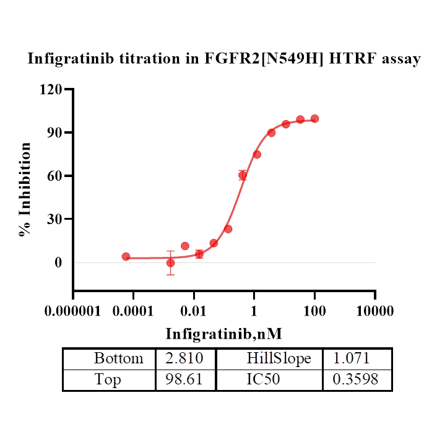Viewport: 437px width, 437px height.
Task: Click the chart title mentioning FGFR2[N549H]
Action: point(224,59)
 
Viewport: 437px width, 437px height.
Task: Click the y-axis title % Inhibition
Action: point(25,189)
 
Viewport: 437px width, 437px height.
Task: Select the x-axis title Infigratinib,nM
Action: point(224,334)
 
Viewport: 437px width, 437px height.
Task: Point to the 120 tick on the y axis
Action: point(51,89)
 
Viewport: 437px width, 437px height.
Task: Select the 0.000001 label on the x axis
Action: point(73,309)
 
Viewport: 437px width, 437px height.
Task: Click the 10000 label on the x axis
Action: point(374,309)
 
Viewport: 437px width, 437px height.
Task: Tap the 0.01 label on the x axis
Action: point(193,309)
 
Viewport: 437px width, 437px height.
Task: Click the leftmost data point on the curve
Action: point(126,256)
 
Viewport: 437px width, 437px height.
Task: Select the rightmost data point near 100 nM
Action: point(314,118)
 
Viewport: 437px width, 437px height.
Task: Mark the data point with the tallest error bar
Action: point(170,263)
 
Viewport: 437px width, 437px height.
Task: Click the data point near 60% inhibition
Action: point(243,175)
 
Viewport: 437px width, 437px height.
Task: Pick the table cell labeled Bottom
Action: point(118,358)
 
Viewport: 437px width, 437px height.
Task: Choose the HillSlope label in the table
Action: point(279,358)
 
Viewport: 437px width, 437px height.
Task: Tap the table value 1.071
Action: point(351,358)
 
